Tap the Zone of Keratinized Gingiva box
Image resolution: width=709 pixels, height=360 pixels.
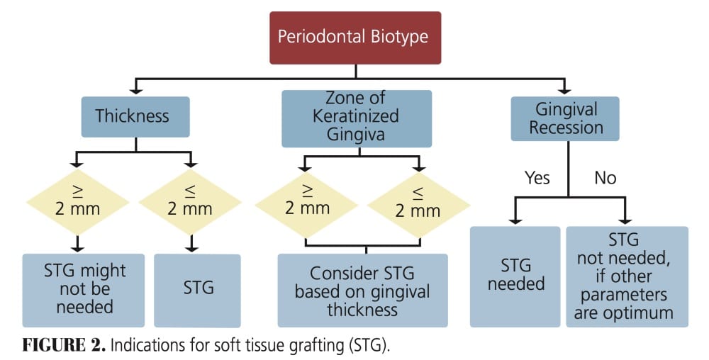pyautogui.click(x=356, y=116)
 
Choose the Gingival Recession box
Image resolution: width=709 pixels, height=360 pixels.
pyautogui.click(x=566, y=118)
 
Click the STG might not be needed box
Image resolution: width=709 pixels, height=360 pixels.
pyautogui.click(x=84, y=289)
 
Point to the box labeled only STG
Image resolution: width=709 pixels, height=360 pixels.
pyautogui.click(x=197, y=289)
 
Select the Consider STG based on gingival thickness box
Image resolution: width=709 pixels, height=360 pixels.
pyautogui.click(x=363, y=291)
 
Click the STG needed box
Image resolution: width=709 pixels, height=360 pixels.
pyautogui.click(x=516, y=275)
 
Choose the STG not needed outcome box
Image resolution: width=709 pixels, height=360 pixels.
pyautogui.click(x=627, y=275)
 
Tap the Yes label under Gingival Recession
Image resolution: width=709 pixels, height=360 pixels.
pyautogui.click(x=537, y=177)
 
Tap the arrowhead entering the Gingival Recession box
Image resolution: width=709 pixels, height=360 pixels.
pyautogui.click(x=565, y=91)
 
